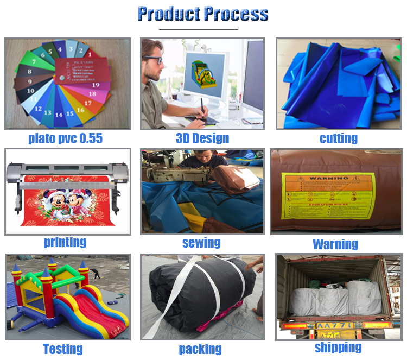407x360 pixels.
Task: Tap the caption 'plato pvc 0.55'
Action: click(x=65, y=138)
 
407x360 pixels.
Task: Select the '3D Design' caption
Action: click(x=202, y=138)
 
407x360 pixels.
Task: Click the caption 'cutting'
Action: click(x=339, y=138)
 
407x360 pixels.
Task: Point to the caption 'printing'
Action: click(x=65, y=242)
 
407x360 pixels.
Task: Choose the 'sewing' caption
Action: click(x=201, y=242)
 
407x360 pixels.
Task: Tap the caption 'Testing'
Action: click(x=63, y=348)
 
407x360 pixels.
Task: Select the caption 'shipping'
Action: click(x=338, y=347)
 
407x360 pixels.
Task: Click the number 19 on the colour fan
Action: click(x=96, y=85)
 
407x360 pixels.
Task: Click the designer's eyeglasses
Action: click(x=154, y=60)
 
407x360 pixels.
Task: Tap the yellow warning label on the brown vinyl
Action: click(x=329, y=196)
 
